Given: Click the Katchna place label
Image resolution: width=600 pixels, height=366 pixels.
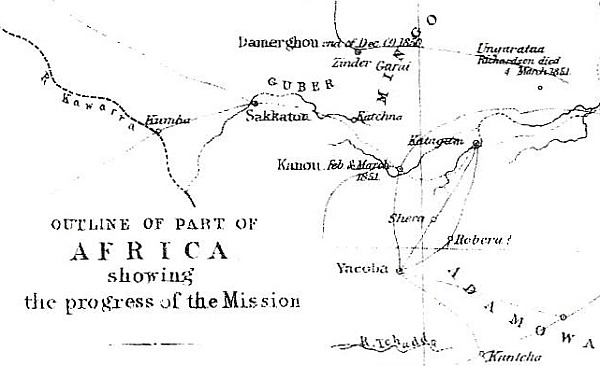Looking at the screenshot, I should (367, 117).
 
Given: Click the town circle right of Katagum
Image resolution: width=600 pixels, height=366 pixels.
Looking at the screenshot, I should (476, 144).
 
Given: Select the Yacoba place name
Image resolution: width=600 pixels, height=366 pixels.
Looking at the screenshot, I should (362, 269).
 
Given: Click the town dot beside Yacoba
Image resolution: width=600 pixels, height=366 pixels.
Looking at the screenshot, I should (399, 270).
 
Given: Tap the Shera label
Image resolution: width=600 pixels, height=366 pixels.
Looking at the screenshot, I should (406, 217).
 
